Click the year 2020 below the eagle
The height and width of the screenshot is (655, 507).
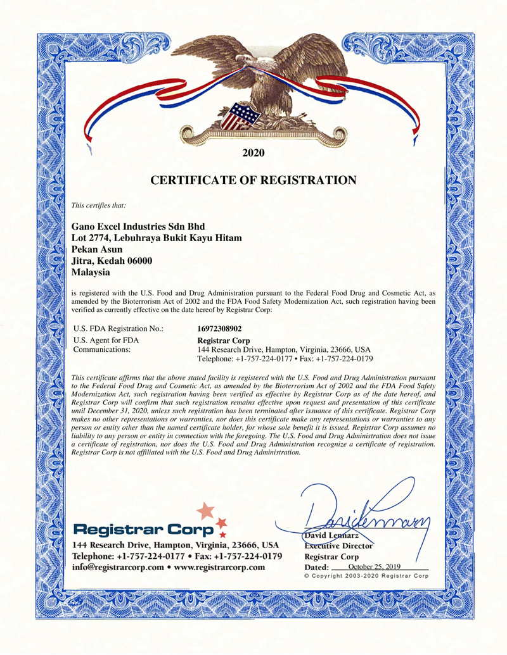pos(253,153)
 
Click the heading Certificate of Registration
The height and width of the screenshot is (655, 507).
pos(253,181)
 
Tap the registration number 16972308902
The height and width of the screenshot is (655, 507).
pos(219,328)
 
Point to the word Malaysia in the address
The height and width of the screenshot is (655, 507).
pos(91,273)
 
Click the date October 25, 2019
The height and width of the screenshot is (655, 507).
pos(375,566)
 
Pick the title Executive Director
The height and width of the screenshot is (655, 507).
pos(339,546)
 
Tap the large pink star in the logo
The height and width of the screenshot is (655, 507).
pos(205,511)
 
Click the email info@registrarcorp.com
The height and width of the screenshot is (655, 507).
pos(116,567)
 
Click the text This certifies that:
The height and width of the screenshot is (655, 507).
pos(99,205)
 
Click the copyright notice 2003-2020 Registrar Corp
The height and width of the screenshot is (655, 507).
pos(366,577)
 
